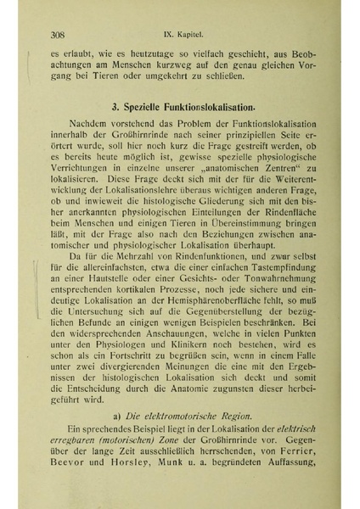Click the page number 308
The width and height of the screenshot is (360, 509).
[x=59, y=35]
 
